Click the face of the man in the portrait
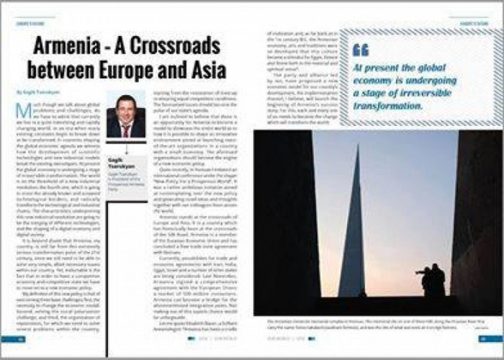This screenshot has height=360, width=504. point(125,109)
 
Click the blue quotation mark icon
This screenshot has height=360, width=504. point(361,50)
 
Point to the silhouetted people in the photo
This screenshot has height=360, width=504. point(434,279)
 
